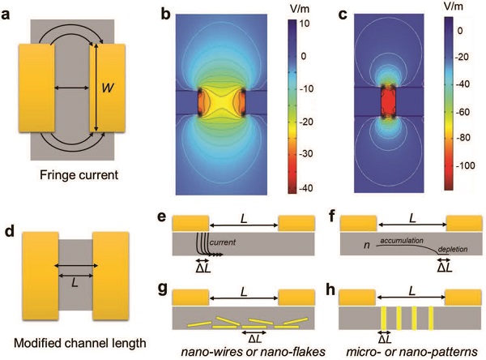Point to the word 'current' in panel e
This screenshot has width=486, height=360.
click(221, 242)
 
